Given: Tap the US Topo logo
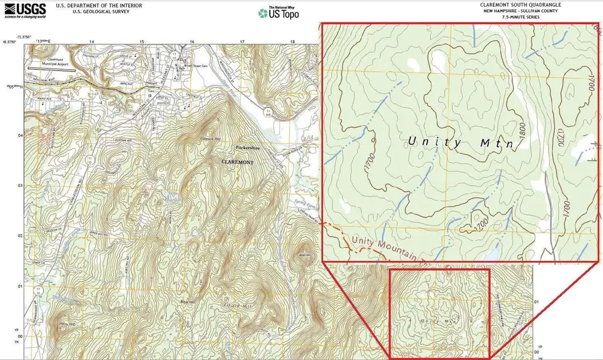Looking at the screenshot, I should point(279,13).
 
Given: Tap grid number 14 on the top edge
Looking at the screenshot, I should point(92,42).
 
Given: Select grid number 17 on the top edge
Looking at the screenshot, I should point(242,42).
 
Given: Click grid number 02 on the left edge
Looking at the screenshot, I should point(19,236).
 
